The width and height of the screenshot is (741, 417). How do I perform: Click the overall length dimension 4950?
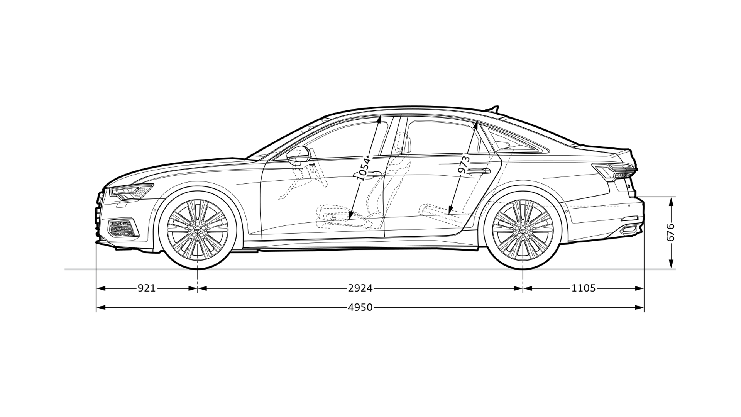pyautogui.click(x=360, y=308)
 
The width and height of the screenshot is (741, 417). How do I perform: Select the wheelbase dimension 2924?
pyautogui.click(x=360, y=288)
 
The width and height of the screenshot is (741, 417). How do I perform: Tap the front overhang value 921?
pyautogui.click(x=147, y=288)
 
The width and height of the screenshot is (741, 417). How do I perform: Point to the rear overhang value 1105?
pyautogui.click(x=584, y=288)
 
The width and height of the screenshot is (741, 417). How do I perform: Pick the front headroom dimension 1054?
pyautogui.click(x=363, y=168)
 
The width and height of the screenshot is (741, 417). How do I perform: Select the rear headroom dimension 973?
pyautogui.click(x=464, y=164)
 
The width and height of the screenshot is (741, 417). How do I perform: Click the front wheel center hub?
pyautogui.click(x=198, y=230)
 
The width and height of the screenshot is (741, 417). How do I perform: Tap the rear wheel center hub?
pyautogui.click(x=523, y=230)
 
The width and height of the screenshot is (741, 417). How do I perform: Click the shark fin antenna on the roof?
pyautogui.click(x=493, y=109)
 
